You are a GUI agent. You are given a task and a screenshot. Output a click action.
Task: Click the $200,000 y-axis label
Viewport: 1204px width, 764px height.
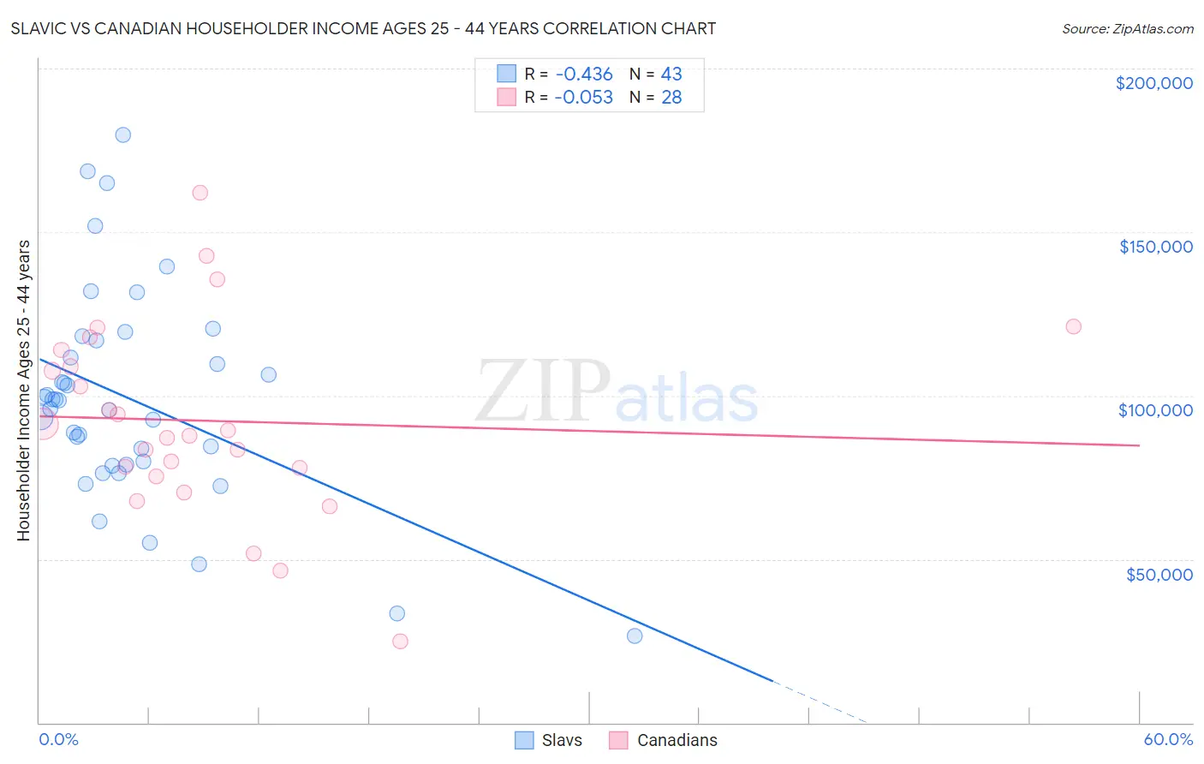click(1153, 83)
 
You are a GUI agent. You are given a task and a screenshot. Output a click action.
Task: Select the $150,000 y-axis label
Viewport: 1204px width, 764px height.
click(1155, 247)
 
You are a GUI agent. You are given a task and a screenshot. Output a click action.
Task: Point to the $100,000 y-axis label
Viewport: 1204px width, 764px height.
click(1155, 410)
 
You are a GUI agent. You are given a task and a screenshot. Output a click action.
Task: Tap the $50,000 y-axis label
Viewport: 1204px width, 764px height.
click(1159, 574)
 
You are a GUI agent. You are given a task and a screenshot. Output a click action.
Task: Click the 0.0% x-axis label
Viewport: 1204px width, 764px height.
click(58, 739)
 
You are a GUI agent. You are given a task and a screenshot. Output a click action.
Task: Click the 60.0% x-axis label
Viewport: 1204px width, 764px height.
click(1167, 739)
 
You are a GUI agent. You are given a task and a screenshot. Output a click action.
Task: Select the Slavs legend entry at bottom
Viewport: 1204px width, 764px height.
click(549, 740)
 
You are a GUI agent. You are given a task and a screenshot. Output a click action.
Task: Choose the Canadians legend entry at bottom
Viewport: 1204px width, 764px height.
click(664, 740)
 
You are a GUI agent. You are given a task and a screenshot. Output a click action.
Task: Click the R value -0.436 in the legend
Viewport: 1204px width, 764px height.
click(583, 75)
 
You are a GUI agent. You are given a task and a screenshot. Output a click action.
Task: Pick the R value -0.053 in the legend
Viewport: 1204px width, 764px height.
click(583, 98)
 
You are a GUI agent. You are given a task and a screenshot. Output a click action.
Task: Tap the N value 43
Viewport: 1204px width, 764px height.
click(671, 75)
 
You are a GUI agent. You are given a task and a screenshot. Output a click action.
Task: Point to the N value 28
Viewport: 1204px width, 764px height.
click(671, 98)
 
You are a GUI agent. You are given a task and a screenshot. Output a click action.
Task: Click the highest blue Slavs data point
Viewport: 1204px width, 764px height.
click(123, 134)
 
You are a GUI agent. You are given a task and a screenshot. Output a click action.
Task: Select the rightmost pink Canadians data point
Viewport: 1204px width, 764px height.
click(1073, 326)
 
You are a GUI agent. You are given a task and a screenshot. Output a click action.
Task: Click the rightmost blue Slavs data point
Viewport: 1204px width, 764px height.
click(635, 636)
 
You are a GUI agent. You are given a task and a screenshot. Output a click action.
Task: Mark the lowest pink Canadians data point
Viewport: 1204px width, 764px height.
click(400, 642)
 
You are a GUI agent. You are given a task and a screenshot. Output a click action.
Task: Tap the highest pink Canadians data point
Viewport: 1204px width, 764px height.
click(200, 193)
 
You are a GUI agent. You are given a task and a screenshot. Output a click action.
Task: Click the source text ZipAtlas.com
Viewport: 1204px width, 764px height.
click(1127, 29)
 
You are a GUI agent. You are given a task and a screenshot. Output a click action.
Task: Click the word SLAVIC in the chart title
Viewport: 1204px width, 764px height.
click(41, 28)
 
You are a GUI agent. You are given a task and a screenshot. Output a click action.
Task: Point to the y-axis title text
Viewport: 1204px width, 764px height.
click(23, 391)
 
